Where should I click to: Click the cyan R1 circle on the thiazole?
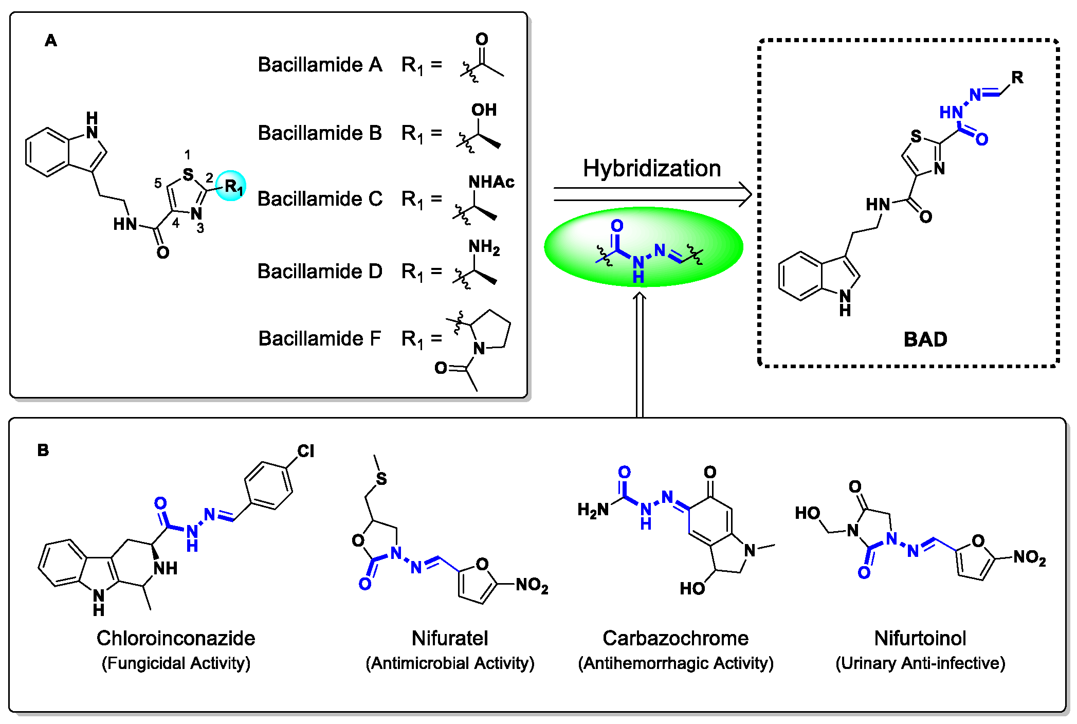pyautogui.click(x=231, y=186)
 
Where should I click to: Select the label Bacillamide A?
pyautogui.click(x=320, y=65)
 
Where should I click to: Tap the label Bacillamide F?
pyautogui.click(x=319, y=338)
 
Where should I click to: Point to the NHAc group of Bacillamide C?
pyautogui.click(x=491, y=182)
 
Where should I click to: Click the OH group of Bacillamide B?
pyautogui.click(x=484, y=110)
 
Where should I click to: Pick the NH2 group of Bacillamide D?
pyautogui.click(x=484, y=247)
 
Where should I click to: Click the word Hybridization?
pyautogui.click(x=652, y=169)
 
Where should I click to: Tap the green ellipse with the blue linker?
pyautogui.click(x=643, y=247)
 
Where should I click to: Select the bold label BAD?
pyautogui.click(x=925, y=339)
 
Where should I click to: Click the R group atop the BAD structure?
pyautogui.click(x=1017, y=78)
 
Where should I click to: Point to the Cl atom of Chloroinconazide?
pyautogui.click(x=305, y=451)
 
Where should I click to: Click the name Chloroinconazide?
pyautogui.click(x=176, y=638)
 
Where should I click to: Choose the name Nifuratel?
pyautogui.click(x=450, y=638)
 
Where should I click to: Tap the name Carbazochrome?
pyautogui.click(x=676, y=638)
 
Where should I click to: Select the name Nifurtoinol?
pyautogui.click(x=920, y=638)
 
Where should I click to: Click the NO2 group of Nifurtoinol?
pyautogui.click(x=1029, y=557)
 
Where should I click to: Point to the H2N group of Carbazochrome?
pyautogui.click(x=593, y=510)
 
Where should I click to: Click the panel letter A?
pyautogui.click(x=50, y=41)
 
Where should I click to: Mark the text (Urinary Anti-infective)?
pyautogui.click(x=920, y=663)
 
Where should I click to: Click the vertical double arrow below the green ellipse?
pyautogui.click(x=640, y=355)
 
